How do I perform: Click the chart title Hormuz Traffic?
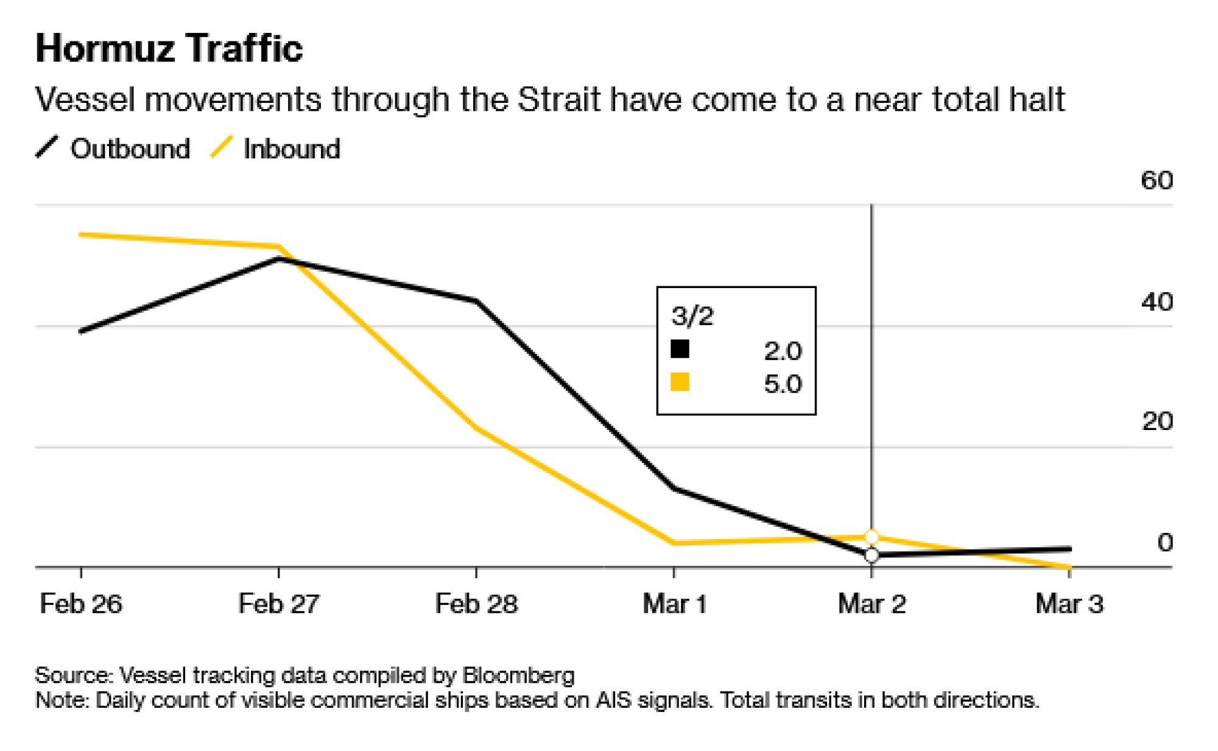click(169, 48)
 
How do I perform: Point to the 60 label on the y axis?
click(1156, 180)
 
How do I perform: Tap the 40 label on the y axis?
click(1156, 301)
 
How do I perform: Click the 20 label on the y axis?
click(1156, 421)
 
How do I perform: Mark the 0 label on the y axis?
click(1164, 541)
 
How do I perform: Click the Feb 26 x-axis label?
click(81, 604)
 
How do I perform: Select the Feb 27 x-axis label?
click(278, 604)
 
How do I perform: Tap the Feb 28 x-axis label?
click(476, 604)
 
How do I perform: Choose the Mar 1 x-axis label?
click(674, 604)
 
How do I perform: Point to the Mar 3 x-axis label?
click(1069, 604)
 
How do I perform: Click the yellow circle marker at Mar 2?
click(872, 537)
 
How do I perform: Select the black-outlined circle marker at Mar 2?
click(872, 555)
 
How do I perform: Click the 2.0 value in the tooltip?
click(783, 351)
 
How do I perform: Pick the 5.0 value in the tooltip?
click(783, 384)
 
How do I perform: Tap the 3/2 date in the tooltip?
click(692, 316)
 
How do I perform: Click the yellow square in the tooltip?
click(680, 382)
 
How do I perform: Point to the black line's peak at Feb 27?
click(278, 259)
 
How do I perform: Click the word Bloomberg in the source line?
click(518, 675)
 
